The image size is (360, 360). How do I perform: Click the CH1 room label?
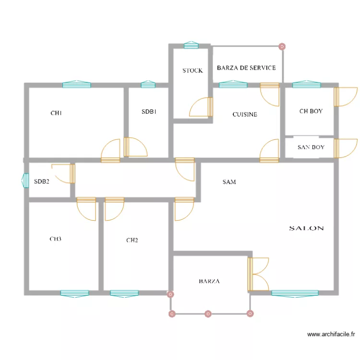pyautogui.click(x=56, y=113)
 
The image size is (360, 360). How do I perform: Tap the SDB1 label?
pyautogui.click(x=149, y=112)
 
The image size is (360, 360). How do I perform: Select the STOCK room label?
pyautogui.click(x=192, y=71)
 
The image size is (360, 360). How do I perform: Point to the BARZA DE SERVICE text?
pyautogui.click(x=246, y=68)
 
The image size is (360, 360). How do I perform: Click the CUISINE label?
pyautogui.click(x=245, y=114)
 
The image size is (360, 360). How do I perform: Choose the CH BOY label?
pyautogui.click(x=311, y=111)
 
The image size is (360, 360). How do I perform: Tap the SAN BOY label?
pyautogui.click(x=311, y=147)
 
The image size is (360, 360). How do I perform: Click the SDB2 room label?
pyautogui.click(x=42, y=182)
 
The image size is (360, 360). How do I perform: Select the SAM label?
pyautogui.click(x=229, y=182)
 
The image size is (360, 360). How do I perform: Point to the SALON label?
pyautogui.click(x=306, y=228)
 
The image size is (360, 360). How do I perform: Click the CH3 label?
pyautogui.click(x=56, y=239)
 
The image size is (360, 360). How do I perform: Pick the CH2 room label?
pyautogui.click(x=132, y=240)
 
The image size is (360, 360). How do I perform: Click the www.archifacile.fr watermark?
pyautogui.click(x=331, y=335)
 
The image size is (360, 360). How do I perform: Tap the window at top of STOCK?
pyautogui.click(x=191, y=45)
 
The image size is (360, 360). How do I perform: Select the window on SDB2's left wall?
pyautogui.click(x=26, y=180)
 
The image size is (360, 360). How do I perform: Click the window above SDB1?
pyautogui.click(x=148, y=85)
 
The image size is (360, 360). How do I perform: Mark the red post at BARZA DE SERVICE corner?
pyautogui.click(x=282, y=47)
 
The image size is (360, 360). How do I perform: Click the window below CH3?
pyautogui.click(x=74, y=293)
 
